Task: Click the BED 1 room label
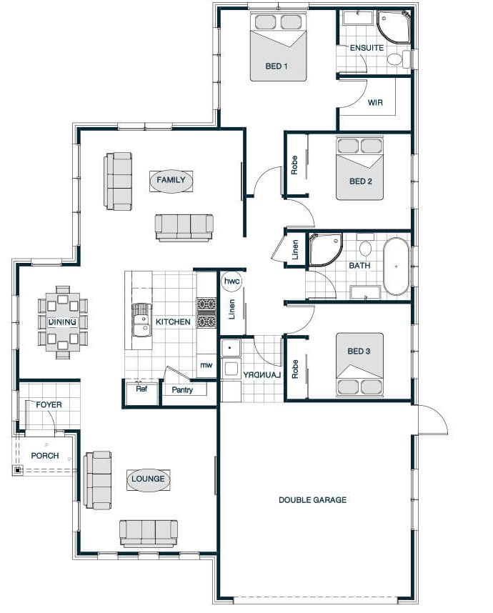tap(276, 66)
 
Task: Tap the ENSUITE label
tap(367, 48)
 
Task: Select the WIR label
tap(375, 103)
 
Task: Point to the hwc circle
tap(231, 281)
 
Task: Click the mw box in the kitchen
tap(206, 365)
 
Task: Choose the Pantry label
tap(182, 390)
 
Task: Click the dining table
tap(63, 322)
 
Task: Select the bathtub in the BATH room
tap(396, 266)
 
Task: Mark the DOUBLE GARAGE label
tap(312, 499)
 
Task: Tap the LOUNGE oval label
tap(148, 479)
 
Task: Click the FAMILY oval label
tap(171, 180)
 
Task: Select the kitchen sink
tap(141, 320)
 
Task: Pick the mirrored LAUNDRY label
tap(262, 375)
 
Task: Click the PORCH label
tap(45, 456)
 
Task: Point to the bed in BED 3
tap(359, 364)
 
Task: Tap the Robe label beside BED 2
tap(294, 165)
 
